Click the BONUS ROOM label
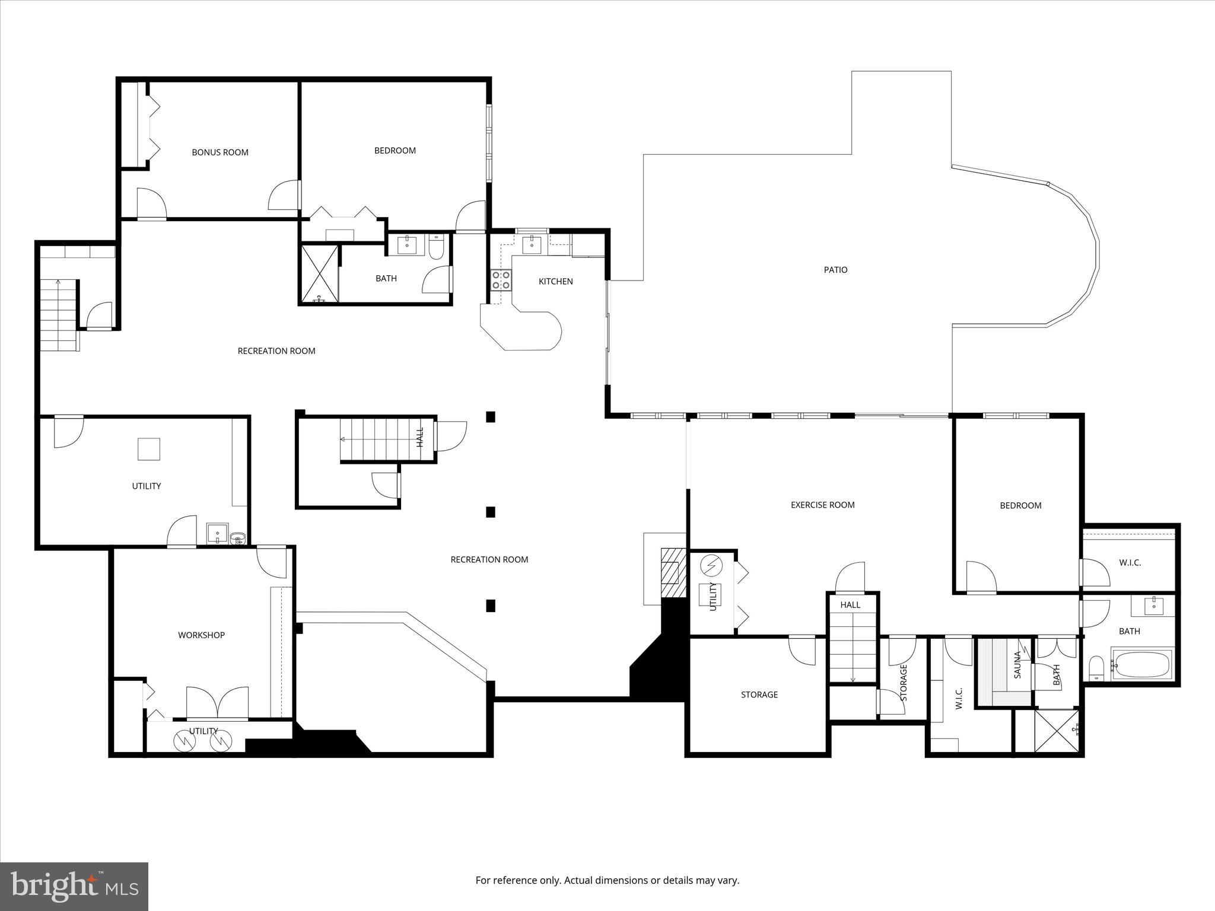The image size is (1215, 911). pos(220,152)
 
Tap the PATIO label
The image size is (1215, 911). pos(835,270)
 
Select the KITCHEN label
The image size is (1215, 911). pos(555,282)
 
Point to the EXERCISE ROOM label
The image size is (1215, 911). pos(822,505)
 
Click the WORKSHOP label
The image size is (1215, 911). pos(201,635)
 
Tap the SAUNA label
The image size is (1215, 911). pos(1017,665)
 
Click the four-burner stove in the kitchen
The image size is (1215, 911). pos(501,280)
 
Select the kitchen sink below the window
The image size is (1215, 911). pos(532,243)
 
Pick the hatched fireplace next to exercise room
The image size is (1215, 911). pos(671,573)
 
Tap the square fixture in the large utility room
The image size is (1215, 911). pos(149,449)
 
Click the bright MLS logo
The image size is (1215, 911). pos(74,886)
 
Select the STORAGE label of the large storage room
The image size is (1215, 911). pos(759,695)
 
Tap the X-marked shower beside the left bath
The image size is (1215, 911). pos(320,274)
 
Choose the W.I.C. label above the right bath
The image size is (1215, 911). pos(1130,562)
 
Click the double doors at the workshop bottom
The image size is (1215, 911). pos(218,703)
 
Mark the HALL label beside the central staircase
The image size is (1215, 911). pos(420,437)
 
